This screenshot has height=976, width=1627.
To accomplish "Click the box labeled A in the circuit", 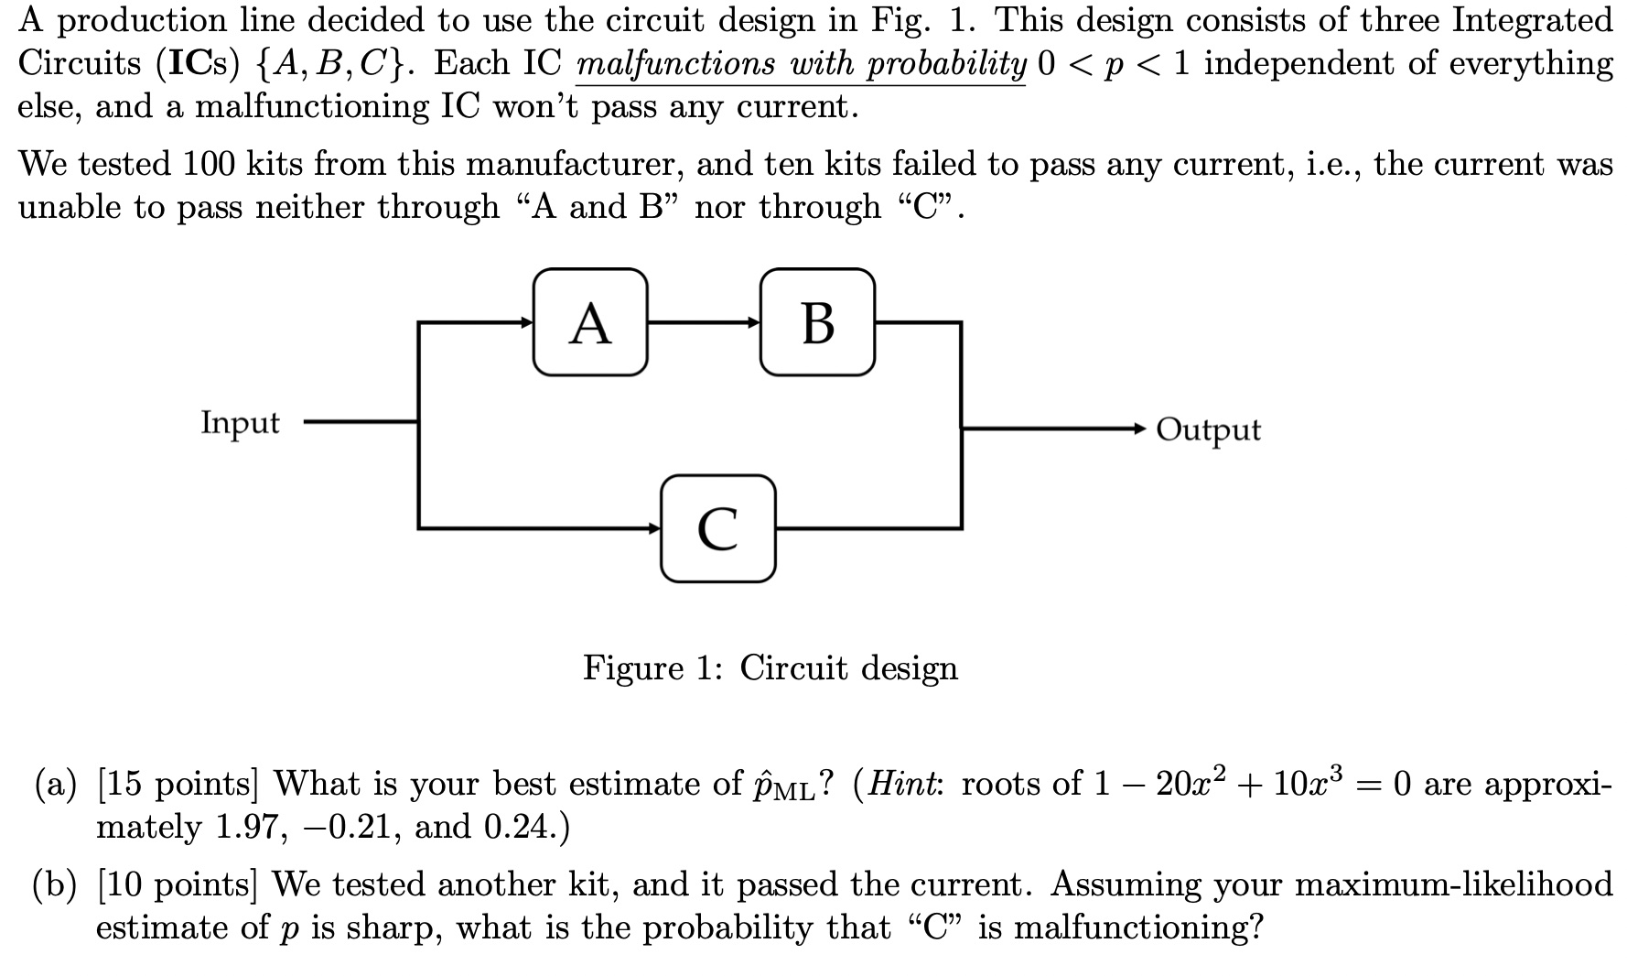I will (x=590, y=322).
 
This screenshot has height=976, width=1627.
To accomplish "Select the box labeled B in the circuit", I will (x=817, y=322).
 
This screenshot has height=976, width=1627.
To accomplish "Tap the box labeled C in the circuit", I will (x=717, y=528).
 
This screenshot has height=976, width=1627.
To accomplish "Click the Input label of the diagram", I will (x=240, y=423).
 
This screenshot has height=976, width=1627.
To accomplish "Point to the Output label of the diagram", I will (x=1208, y=428).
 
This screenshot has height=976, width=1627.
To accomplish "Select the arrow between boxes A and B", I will (x=704, y=322).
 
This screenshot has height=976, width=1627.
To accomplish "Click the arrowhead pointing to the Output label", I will (x=1137, y=428).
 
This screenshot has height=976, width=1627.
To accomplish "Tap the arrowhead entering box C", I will (x=653, y=528).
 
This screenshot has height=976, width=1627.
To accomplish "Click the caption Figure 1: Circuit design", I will (x=770, y=667).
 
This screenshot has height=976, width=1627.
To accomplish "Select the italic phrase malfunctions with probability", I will (x=801, y=64).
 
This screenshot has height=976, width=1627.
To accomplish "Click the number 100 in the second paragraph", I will (x=210, y=164).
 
